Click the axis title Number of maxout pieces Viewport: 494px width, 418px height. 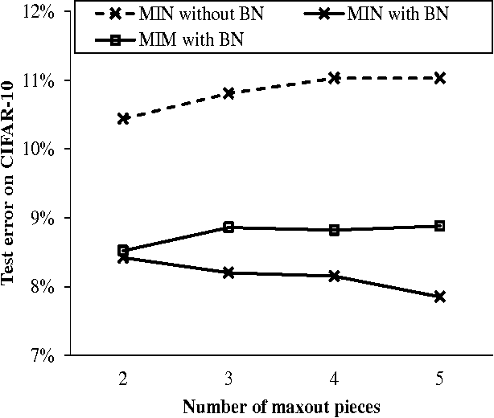pyautogui.click(x=281, y=406)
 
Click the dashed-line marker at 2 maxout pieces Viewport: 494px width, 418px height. pyautogui.click(x=123, y=119)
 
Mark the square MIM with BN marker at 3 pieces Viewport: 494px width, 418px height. pyautogui.click(x=228, y=227)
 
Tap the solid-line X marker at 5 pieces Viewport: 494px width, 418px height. pyautogui.click(x=439, y=297)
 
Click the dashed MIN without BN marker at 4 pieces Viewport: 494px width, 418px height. pyautogui.click(x=334, y=78)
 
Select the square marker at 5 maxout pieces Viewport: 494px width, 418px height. pyautogui.click(x=439, y=226)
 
